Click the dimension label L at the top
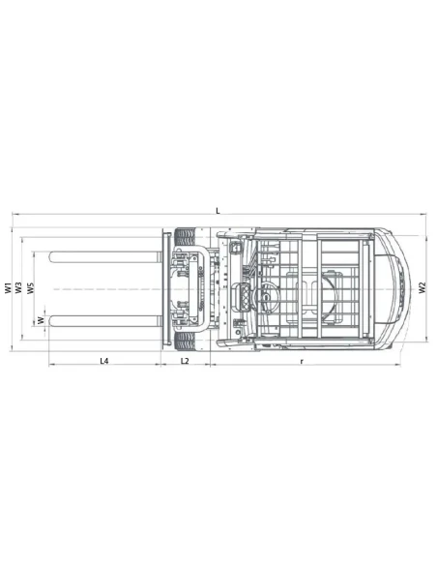(x=218, y=210)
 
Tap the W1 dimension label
(x=8, y=287)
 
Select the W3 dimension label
(x=19, y=287)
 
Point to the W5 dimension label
(x=31, y=287)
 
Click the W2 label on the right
(x=422, y=287)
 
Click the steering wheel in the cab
(x=259, y=288)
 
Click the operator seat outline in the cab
(x=319, y=288)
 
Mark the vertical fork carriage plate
(x=164, y=287)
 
